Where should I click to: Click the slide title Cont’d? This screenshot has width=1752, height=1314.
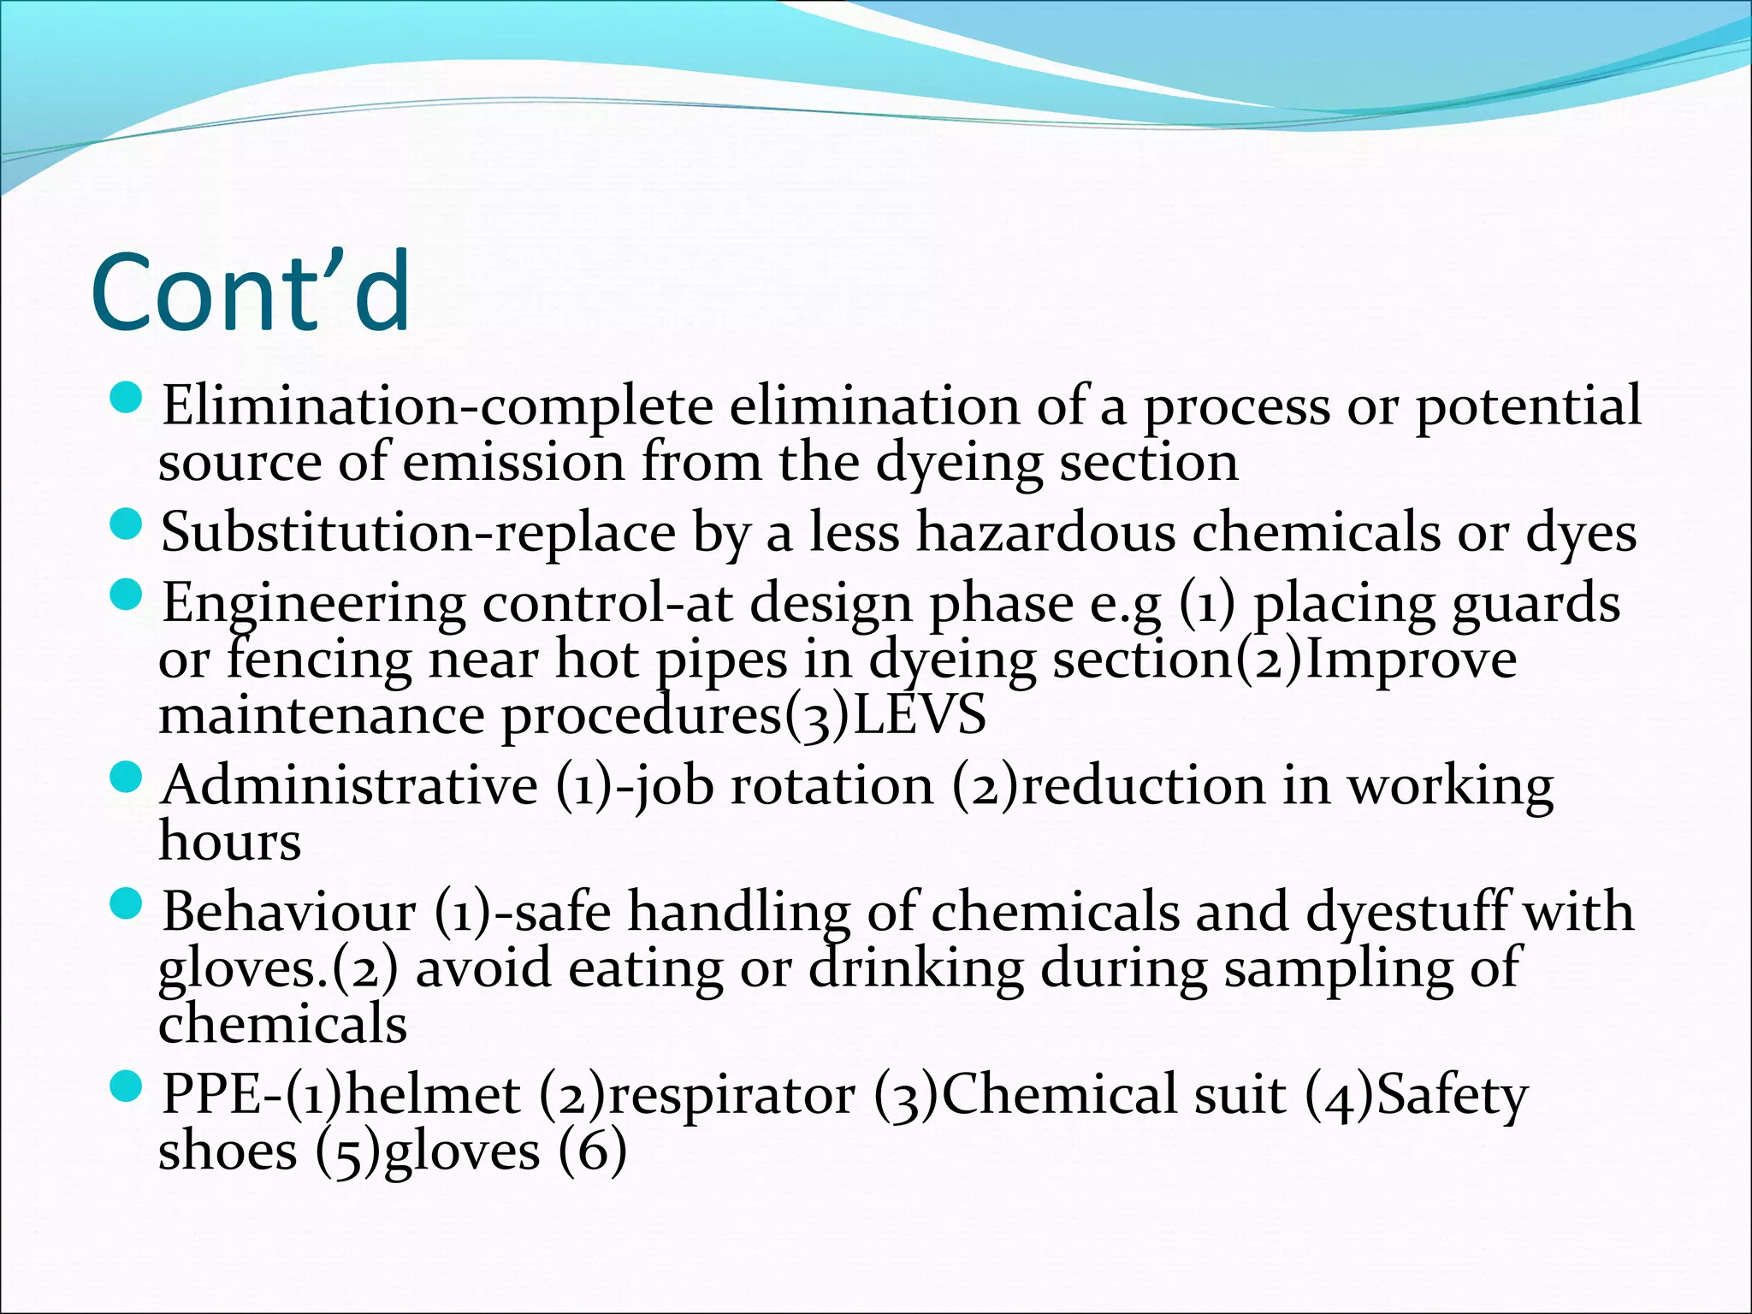pos(250,293)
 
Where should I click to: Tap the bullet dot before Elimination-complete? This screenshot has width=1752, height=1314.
pos(127,398)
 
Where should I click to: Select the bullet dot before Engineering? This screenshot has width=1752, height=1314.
pos(127,595)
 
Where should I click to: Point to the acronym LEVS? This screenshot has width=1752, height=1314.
pos(920,715)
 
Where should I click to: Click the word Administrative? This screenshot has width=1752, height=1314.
pos(349,784)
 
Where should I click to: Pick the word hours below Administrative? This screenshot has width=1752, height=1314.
pos(229,841)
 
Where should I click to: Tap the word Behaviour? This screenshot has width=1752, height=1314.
pos(289,911)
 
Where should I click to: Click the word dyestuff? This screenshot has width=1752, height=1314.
pos(1407,911)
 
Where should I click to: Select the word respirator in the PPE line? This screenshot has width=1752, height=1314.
pos(731,1094)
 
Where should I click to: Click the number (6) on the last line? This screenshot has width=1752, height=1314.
pos(592,1151)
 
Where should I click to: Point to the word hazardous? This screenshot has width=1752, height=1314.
pos(1045,532)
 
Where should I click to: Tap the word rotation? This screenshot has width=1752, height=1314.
pos(832,784)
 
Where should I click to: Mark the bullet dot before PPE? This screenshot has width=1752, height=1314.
pos(127,1087)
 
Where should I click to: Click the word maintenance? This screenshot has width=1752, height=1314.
pos(322,715)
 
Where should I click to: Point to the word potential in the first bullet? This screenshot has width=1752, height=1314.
pos(1527,405)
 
